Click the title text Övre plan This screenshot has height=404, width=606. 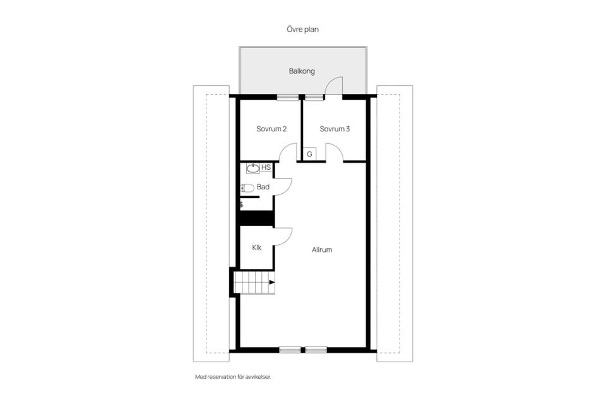click(x=302, y=30)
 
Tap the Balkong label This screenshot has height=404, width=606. click(x=302, y=71)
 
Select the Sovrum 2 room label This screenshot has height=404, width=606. click(x=271, y=129)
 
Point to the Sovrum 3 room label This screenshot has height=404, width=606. click(x=335, y=129)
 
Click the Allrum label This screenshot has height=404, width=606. click(x=322, y=250)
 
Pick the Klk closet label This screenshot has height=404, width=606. click(x=257, y=247)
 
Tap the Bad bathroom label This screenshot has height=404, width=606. click(x=263, y=187)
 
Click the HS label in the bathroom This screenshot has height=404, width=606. click(x=266, y=167)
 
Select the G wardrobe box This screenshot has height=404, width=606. click(x=309, y=154)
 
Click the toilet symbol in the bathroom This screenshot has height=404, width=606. click(x=247, y=188)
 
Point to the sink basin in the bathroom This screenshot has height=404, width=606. click(x=253, y=168)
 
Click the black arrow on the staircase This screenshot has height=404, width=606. click(x=272, y=282)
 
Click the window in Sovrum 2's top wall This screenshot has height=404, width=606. click(x=288, y=97)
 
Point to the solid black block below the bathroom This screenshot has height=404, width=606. click(x=257, y=218)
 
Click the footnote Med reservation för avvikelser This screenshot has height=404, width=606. click(x=233, y=377)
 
